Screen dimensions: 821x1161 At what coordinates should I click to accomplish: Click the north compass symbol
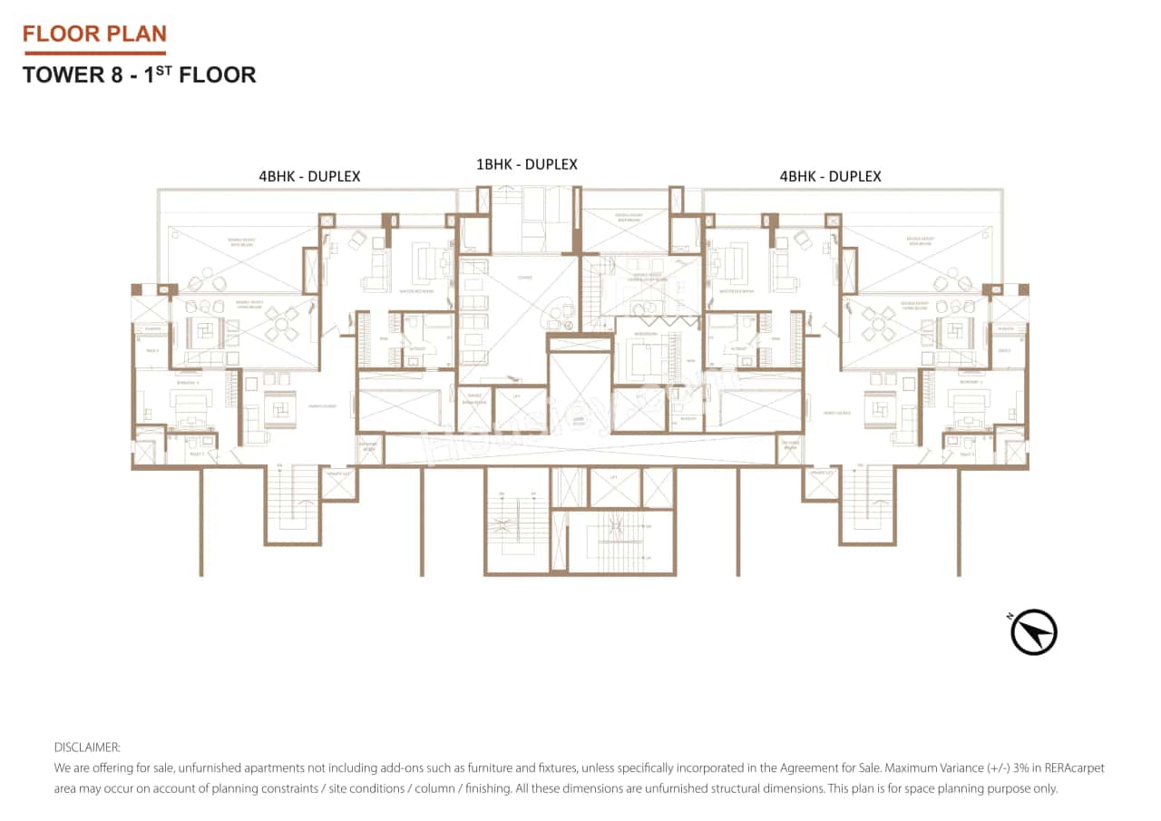pyautogui.click(x=1034, y=632)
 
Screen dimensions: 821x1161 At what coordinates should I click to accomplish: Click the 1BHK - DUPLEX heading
pyautogui.click(x=527, y=164)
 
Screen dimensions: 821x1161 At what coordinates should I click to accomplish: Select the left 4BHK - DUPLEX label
pyautogui.click(x=309, y=176)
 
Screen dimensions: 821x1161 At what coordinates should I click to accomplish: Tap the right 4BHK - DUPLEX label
pyautogui.click(x=830, y=176)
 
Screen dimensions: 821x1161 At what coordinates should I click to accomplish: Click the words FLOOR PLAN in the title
pyautogui.click(x=94, y=34)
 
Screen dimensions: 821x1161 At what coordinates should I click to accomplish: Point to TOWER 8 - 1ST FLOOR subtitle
pyautogui.click(x=139, y=74)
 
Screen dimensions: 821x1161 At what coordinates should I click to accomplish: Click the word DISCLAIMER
pyautogui.click(x=87, y=748)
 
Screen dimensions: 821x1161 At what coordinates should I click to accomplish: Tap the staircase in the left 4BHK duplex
pyautogui.click(x=292, y=503)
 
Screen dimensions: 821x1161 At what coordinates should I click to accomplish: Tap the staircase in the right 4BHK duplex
pyautogui.click(x=868, y=503)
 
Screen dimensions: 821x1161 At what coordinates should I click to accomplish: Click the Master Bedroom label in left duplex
pyautogui.click(x=418, y=290)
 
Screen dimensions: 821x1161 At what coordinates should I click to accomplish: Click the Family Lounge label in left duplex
pyautogui.click(x=321, y=406)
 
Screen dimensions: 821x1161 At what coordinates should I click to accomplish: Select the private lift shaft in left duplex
pyautogui.click(x=338, y=484)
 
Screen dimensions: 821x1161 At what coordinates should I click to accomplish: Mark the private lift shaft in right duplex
pyautogui.click(x=822, y=484)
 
